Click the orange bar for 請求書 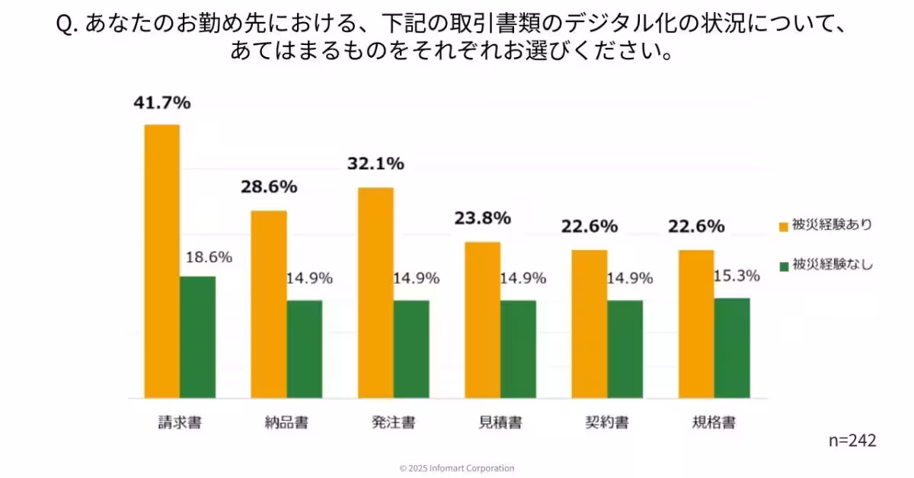(161, 261)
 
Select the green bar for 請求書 (197, 337)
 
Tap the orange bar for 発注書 (376, 292)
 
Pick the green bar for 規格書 (732, 348)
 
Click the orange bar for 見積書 (482, 320)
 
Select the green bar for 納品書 (304, 349)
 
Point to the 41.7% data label (162, 104)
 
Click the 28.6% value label (269, 187)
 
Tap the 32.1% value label (376, 164)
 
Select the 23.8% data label (482, 218)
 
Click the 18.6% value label (209, 257)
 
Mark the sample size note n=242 (852, 441)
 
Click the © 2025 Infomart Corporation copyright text (457, 468)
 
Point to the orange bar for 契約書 (589, 323)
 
